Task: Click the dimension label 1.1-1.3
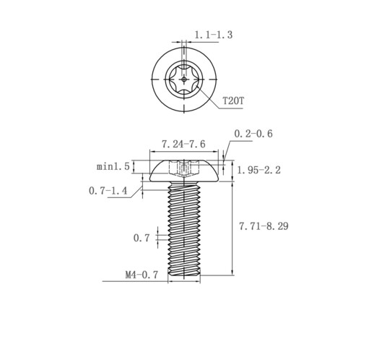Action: coord(213,35)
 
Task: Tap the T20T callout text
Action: coord(233,100)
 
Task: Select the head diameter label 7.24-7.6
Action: coord(183,144)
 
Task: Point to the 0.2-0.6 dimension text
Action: coord(253,134)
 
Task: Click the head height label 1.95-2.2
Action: coord(259,171)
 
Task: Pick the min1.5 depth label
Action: coord(113,166)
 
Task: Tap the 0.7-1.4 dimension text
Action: coord(108,191)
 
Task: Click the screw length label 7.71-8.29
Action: coord(264,226)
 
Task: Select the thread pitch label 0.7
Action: coord(142,238)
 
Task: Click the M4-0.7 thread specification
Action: coord(142,275)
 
